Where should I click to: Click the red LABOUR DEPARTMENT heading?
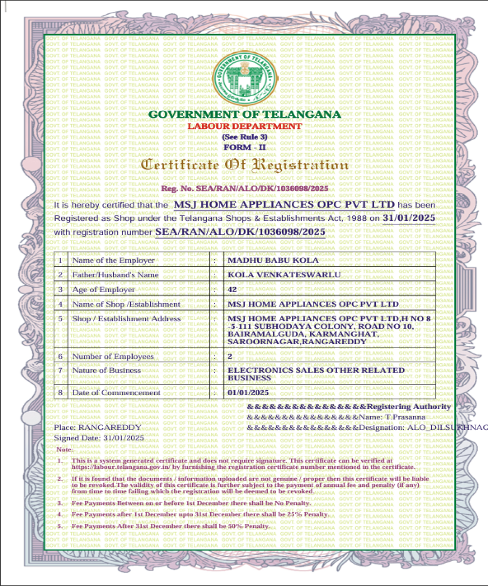(x=245, y=126)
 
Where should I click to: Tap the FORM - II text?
(x=244, y=147)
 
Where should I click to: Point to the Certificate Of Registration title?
(x=245, y=165)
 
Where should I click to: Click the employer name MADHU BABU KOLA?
(x=273, y=260)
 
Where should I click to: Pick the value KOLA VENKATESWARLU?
(x=284, y=275)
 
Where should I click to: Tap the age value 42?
(x=232, y=290)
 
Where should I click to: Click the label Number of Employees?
(x=113, y=356)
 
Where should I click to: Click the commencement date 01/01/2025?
(x=248, y=393)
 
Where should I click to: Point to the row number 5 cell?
(x=61, y=319)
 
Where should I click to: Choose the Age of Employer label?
(x=103, y=290)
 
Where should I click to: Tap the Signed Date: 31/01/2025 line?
(x=99, y=438)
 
